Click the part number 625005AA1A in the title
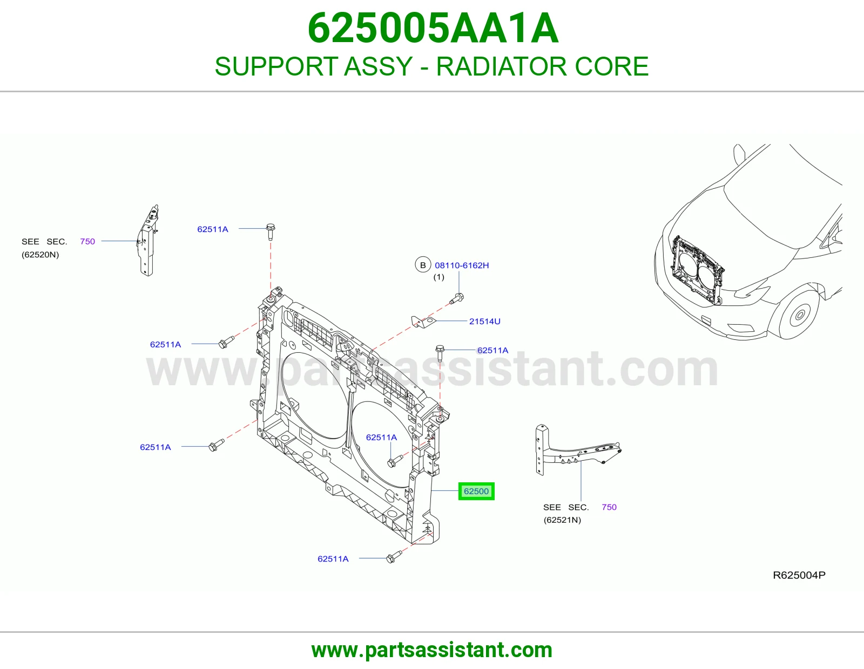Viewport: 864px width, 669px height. pyautogui.click(x=433, y=28)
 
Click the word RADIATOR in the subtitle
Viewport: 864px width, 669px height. pyautogui.click(x=501, y=66)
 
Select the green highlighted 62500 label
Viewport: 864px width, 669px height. pyautogui.click(x=476, y=491)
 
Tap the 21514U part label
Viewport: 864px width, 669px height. pyautogui.click(x=484, y=322)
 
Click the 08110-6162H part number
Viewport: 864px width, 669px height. pyautogui.click(x=462, y=265)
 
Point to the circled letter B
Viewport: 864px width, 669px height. pyautogui.click(x=423, y=265)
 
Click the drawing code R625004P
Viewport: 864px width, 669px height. pyautogui.click(x=799, y=575)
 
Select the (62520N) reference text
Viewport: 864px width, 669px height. pyautogui.click(x=40, y=255)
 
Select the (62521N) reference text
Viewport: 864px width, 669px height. pyautogui.click(x=562, y=520)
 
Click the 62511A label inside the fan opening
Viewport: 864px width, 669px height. pyautogui.click(x=381, y=438)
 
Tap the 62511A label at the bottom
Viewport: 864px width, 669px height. pyautogui.click(x=333, y=559)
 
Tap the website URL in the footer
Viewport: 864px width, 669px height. pyautogui.click(x=432, y=651)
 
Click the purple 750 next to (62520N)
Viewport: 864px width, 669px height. pyautogui.click(x=87, y=242)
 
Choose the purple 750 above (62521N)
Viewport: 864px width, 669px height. pyautogui.click(x=609, y=507)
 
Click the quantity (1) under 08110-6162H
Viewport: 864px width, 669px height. pyautogui.click(x=438, y=277)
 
